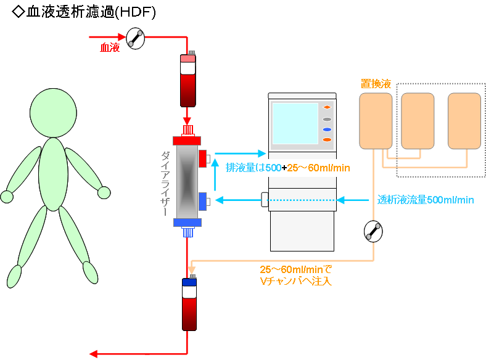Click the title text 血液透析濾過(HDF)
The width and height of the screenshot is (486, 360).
(83, 12)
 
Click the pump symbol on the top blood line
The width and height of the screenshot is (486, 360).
(135, 39)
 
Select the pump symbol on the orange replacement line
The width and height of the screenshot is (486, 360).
(373, 231)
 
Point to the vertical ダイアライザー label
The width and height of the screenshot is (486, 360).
(164, 182)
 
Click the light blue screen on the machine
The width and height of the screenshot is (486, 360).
(295, 123)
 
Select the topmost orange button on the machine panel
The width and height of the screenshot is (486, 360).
(327, 108)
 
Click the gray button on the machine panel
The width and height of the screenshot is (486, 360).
(327, 118)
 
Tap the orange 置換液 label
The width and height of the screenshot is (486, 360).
(375, 84)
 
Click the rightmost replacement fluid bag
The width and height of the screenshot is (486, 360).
(464, 121)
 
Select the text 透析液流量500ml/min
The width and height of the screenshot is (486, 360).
(425, 200)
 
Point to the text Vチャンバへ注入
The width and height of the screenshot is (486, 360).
(295, 282)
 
